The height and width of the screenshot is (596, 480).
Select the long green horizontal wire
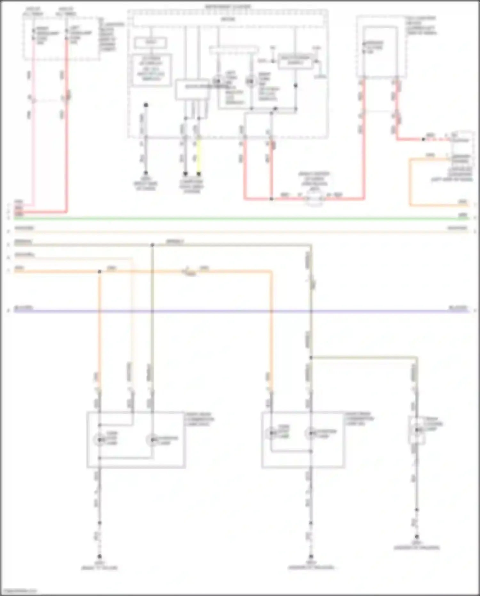[x=240, y=219]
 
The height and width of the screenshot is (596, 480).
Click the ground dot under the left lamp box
[x=100, y=557]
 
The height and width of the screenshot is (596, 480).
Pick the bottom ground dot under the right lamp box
[x=311, y=557]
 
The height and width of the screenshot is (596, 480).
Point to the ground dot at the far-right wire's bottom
[x=417, y=536]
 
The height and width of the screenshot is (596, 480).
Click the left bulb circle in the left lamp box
[x=100, y=440]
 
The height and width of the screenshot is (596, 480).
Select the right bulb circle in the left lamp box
[x=152, y=440]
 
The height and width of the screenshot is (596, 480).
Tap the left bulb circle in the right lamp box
[x=271, y=433]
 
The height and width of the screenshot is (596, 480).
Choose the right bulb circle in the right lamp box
[x=310, y=433]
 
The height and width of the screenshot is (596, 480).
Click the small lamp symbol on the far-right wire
[x=417, y=430]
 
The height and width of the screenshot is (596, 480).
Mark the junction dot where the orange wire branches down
[x=100, y=272]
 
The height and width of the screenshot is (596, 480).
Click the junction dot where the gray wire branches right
[x=311, y=357]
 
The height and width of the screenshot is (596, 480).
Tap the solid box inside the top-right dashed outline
[x=380, y=51]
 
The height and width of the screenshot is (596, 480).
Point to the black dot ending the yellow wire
[x=199, y=174]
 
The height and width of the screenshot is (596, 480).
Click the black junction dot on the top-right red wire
[x=423, y=139]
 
